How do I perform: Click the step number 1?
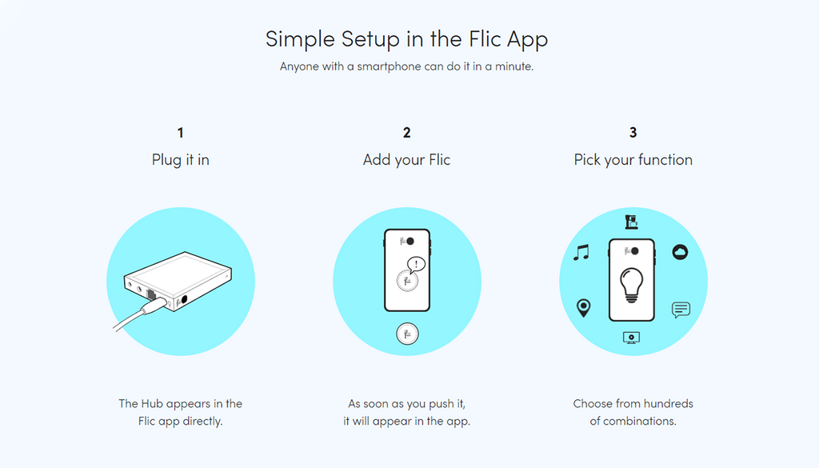(x=180, y=133)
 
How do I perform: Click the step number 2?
(x=407, y=133)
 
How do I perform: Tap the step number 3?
(x=633, y=133)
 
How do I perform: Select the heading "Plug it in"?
(x=181, y=160)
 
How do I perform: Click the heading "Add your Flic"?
(x=407, y=160)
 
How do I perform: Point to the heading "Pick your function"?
(x=633, y=160)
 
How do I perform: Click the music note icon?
(x=581, y=252)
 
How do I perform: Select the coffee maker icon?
(x=632, y=222)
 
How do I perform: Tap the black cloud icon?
(x=680, y=252)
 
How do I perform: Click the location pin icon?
(x=583, y=308)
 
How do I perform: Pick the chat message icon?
(x=681, y=310)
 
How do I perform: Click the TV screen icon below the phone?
(x=632, y=338)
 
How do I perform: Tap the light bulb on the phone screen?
(x=632, y=285)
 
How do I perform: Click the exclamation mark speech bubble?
(x=416, y=265)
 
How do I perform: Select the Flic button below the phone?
(x=407, y=334)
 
